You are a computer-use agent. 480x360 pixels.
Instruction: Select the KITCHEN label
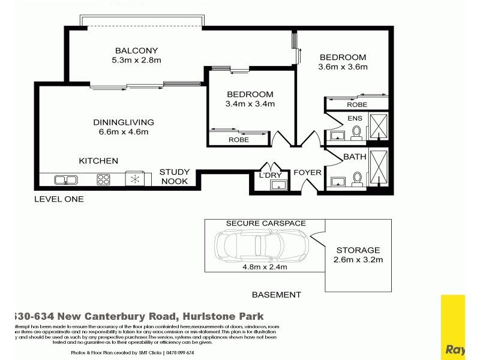tap(98, 161)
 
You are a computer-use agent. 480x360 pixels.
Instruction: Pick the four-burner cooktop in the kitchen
tap(103, 179)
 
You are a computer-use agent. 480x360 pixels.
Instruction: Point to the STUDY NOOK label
tap(175, 176)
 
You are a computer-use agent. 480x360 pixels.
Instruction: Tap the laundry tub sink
tap(278, 185)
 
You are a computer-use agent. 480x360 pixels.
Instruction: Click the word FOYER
tap(307, 173)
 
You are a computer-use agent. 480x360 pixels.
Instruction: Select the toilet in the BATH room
tap(358, 178)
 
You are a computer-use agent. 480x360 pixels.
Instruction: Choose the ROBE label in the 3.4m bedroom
tap(238, 139)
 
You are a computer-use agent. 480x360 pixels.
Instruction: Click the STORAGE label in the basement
tap(358, 250)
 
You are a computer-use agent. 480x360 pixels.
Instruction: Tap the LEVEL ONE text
tap(59, 199)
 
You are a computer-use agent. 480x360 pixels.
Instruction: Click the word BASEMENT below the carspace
tap(275, 295)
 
